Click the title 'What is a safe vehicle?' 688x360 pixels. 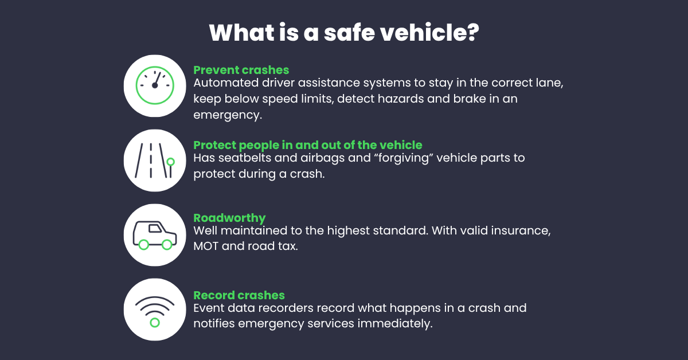343,33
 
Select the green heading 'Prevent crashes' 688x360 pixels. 241,70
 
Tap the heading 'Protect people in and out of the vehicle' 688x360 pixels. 308,144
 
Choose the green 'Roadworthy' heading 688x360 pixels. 229,218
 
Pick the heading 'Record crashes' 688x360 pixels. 239,295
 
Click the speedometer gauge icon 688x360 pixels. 154,85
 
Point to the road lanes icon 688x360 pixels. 154,160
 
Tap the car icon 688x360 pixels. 154,234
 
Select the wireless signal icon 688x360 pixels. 154,310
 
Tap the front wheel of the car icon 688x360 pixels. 167,245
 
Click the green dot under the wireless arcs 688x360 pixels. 154,323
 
